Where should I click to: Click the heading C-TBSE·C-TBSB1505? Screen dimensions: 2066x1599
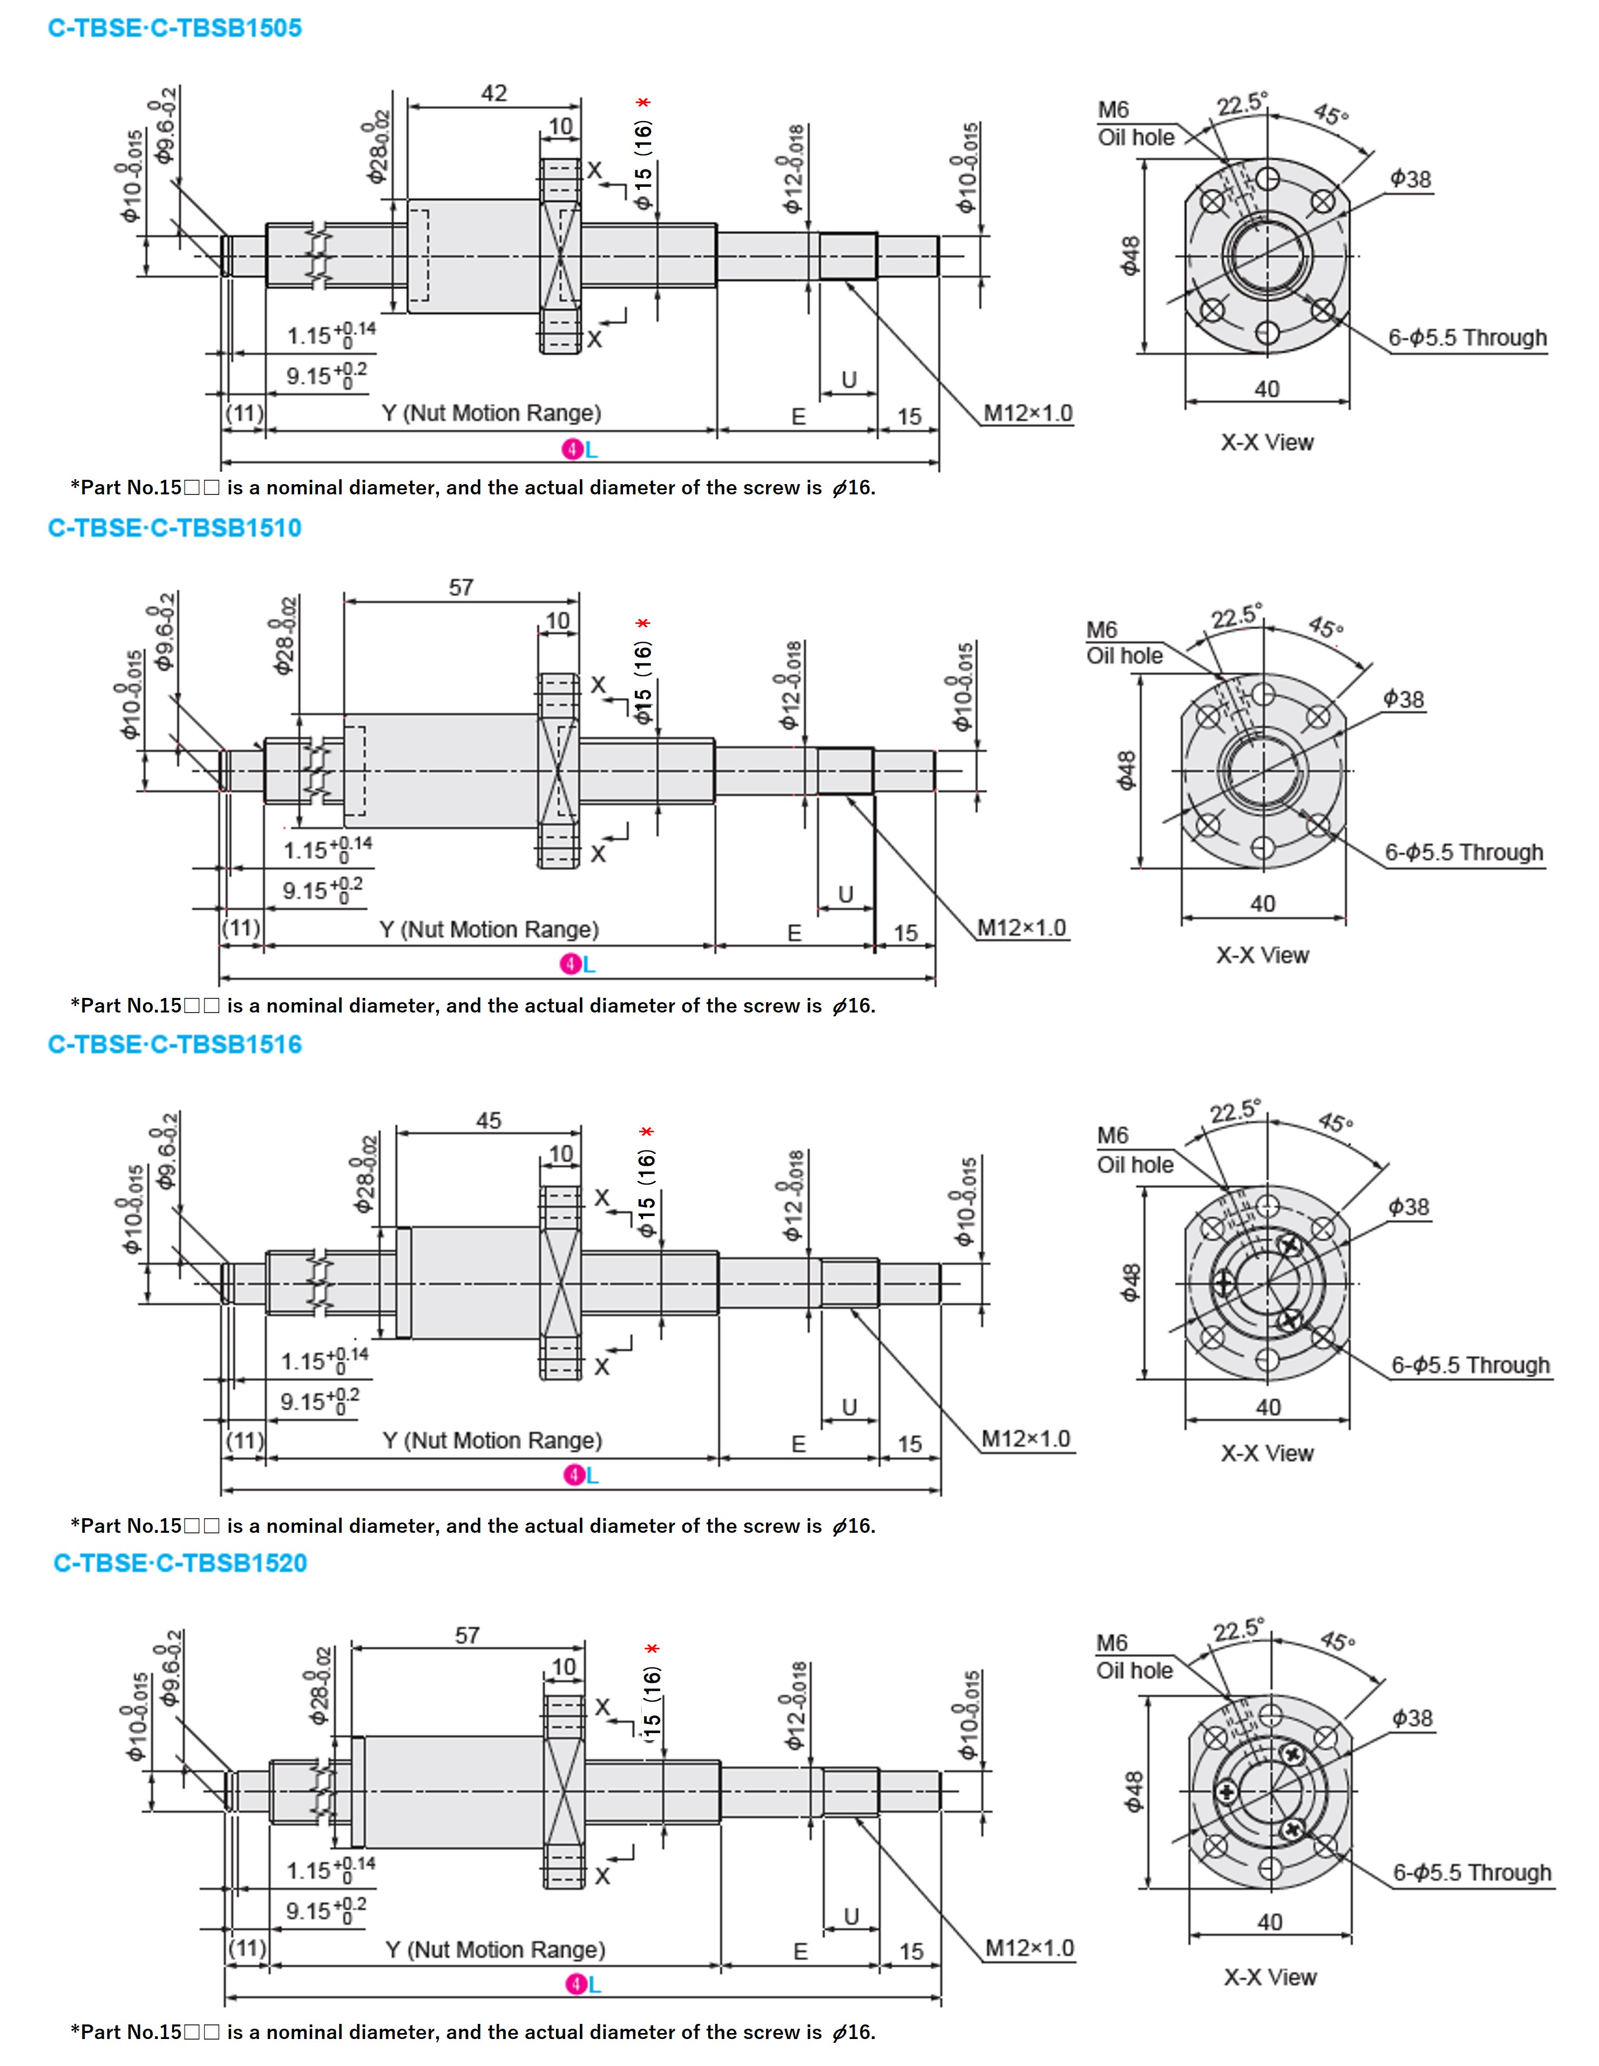point(175,29)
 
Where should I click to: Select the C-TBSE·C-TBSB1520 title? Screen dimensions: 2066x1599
point(181,1563)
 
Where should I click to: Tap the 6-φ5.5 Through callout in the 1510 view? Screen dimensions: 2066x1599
point(1464,852)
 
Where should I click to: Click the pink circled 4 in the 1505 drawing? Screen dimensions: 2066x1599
point(572,450)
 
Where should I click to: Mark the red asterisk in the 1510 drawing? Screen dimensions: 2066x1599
point(643,624)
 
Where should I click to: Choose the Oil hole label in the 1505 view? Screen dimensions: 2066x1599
point(1135,138)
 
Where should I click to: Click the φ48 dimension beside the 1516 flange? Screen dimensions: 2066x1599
point(1130,1283)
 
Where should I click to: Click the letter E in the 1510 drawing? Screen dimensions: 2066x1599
point(795,934)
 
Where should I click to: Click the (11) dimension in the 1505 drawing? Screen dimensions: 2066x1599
point(244,413)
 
